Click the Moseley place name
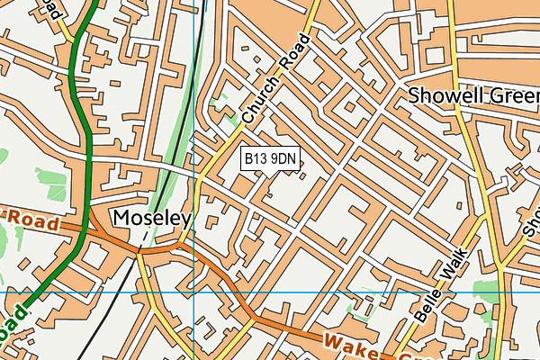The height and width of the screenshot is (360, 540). click(152, 219)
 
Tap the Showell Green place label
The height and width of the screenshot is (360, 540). click(472, 95)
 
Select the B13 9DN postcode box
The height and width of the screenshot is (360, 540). click(271, 159)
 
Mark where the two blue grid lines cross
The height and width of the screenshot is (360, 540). click(193, 292)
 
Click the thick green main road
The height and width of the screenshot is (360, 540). click(81, 135)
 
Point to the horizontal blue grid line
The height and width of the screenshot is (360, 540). click(360, 292)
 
